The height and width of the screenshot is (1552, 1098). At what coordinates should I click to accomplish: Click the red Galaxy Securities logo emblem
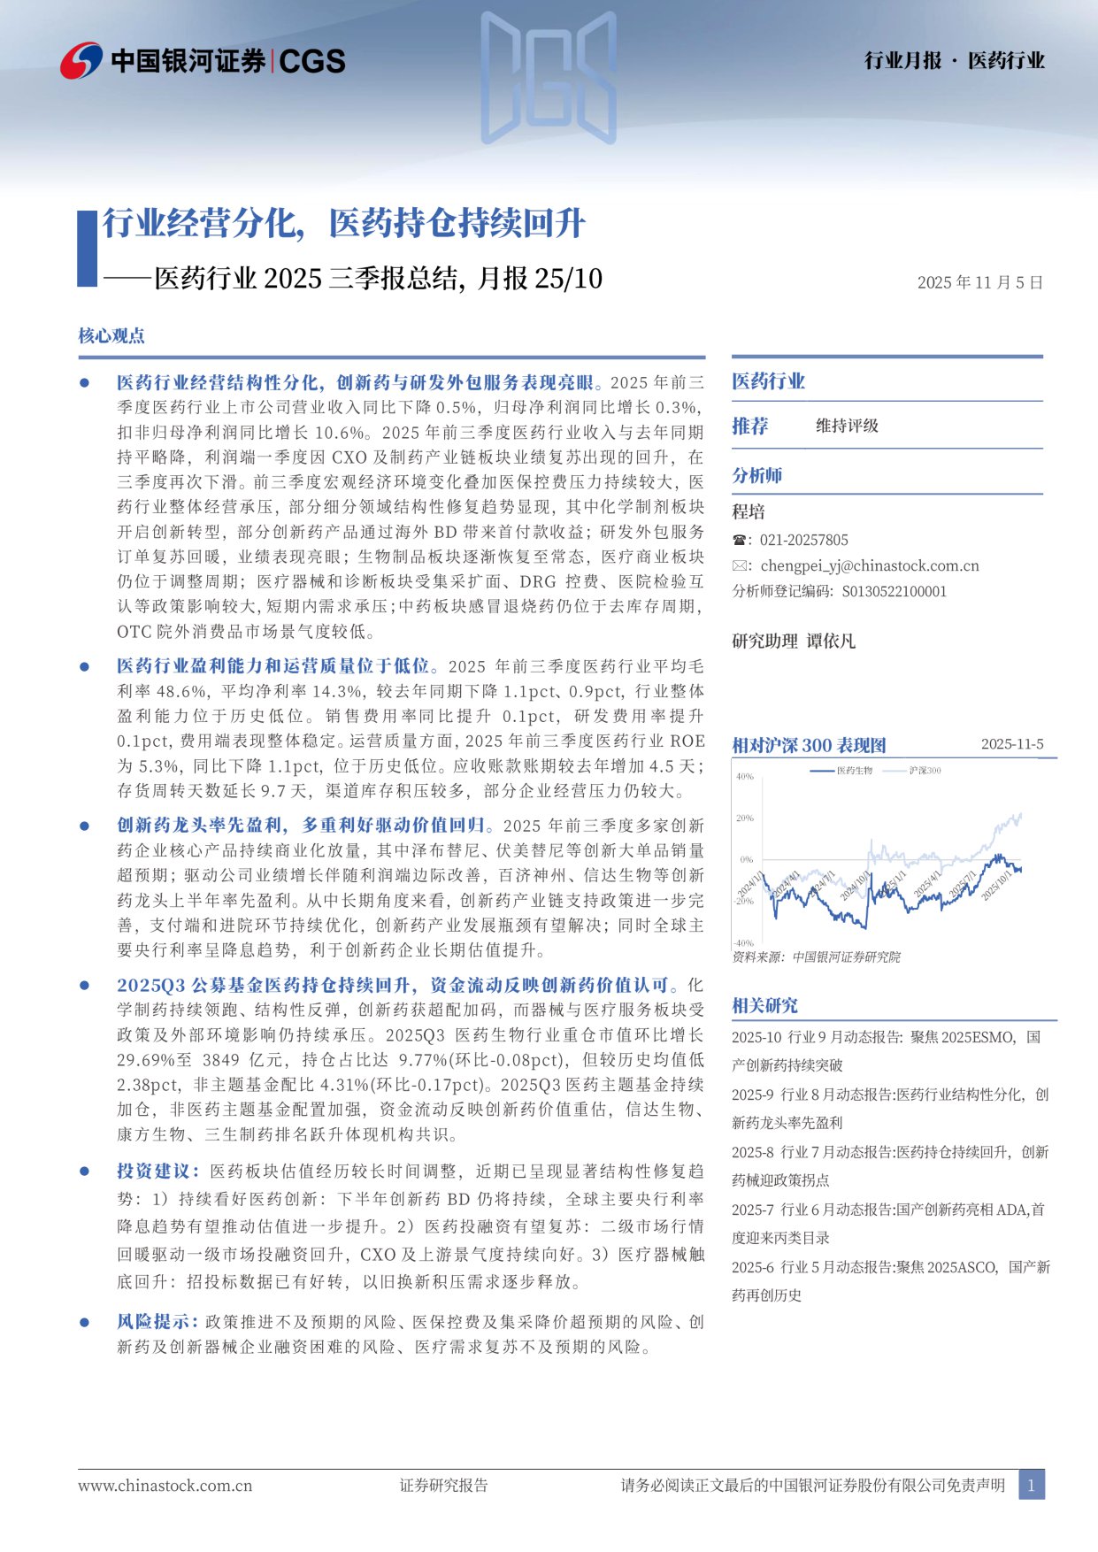(81, 60)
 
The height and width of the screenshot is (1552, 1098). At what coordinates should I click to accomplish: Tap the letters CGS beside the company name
(312, 61)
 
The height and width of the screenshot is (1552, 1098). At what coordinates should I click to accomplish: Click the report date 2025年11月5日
(979, 282)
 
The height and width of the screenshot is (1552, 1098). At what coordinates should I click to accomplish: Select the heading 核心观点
(111, 335)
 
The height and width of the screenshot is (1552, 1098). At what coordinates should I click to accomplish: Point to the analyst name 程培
(749, 511)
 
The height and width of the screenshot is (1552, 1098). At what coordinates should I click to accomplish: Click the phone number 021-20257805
(803, 540)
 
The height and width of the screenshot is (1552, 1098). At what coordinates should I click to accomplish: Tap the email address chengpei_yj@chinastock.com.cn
(869, 565)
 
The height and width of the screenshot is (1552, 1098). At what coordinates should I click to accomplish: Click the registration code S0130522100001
(894, 591)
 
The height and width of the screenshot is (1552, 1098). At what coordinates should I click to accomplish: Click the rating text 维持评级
(847, 426)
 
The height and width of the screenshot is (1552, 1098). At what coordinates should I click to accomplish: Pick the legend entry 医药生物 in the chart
(854, 771)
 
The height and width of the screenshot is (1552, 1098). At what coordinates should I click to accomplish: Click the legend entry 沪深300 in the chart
(925, 771)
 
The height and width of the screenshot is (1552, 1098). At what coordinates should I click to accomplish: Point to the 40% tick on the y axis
(745, 777)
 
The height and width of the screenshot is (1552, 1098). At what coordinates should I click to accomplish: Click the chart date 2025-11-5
(1011, 744)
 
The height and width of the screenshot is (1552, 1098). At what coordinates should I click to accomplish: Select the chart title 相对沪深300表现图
(809, 745)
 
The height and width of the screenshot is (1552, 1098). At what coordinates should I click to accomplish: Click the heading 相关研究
(764, 1005)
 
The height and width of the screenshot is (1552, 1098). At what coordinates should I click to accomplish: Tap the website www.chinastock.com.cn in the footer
(165, 1486)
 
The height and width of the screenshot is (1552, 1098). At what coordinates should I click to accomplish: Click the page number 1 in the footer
(1031, 1486)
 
